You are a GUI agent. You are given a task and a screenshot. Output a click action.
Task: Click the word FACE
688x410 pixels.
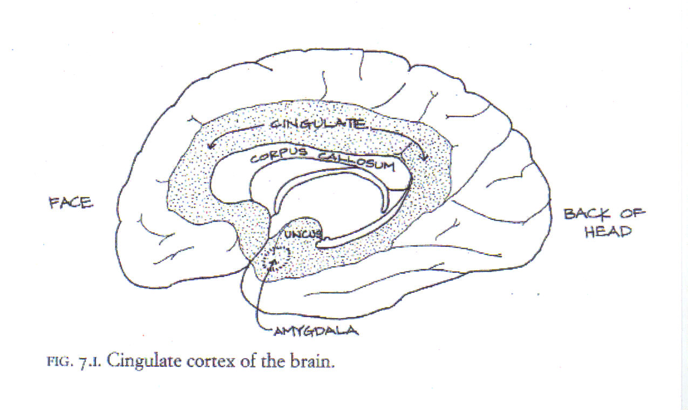tap(71, 204)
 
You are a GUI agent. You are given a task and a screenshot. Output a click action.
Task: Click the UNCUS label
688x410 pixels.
tap(303, 235)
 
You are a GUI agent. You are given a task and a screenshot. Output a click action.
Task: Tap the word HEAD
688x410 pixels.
tap(608, 232)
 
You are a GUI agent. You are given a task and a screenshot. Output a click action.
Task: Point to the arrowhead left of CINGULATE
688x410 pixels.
tap(210, 146)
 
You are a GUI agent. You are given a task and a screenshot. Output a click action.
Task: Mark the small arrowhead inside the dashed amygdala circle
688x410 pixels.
tap(273, 262)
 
